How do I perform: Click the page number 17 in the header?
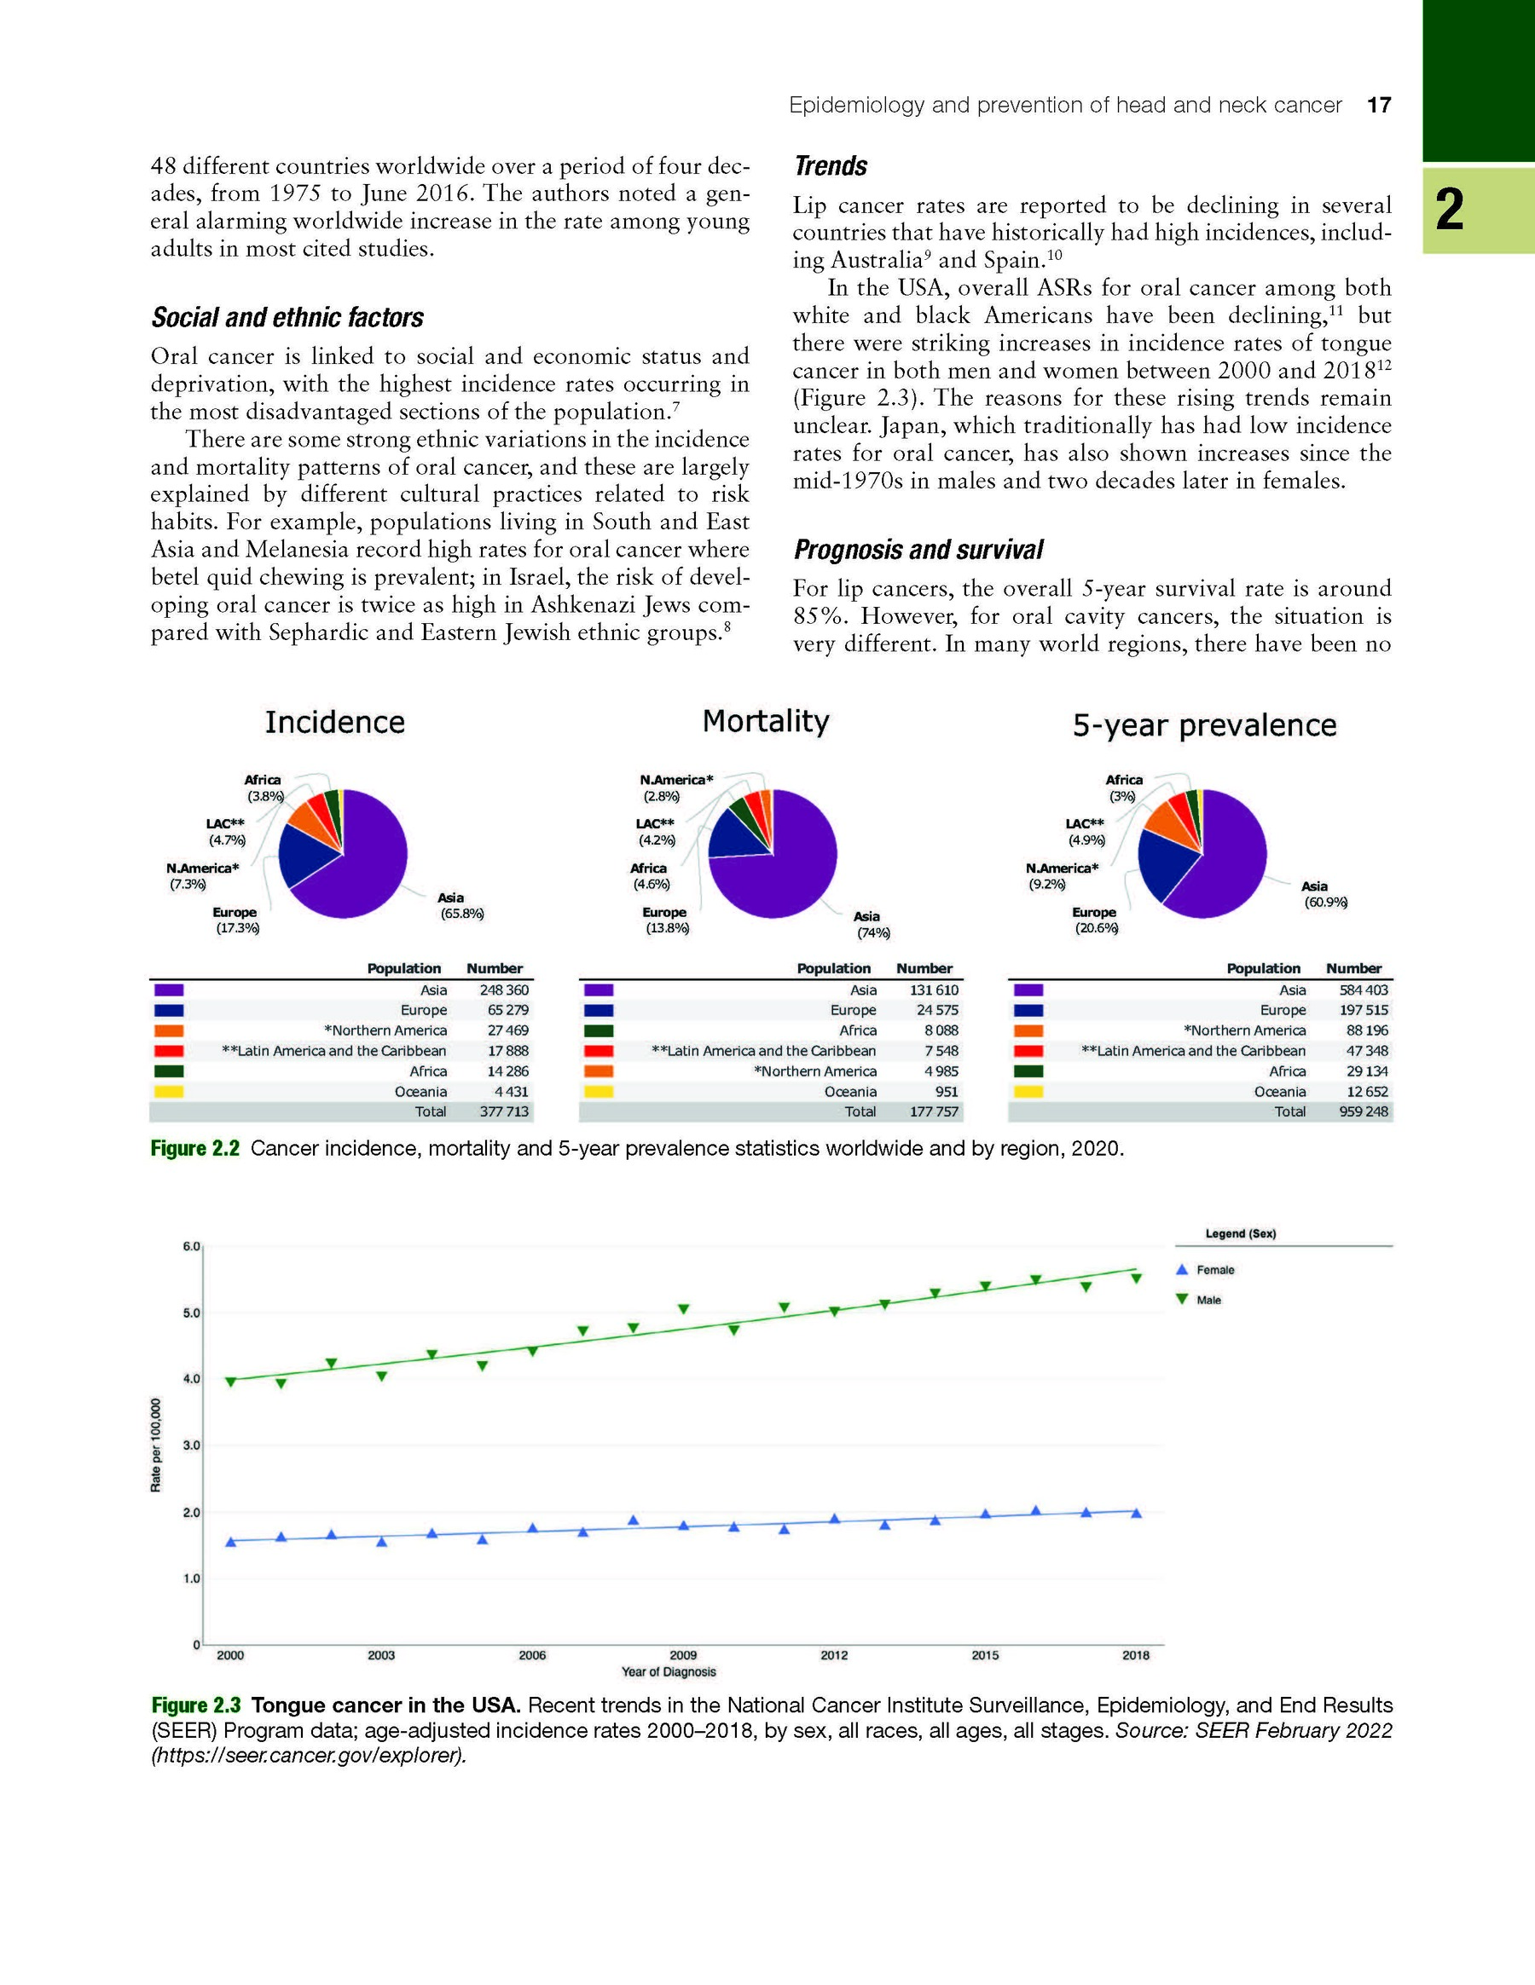tap(1379, 106)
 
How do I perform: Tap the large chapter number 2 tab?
tap(1451, 210)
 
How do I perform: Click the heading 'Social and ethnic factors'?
tap(287, 317)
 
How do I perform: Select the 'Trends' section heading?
tap(831, 166)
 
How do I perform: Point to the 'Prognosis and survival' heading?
tap(918, 550)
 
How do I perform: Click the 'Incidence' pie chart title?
tap(334, 723)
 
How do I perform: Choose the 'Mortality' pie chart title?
tap(766, 722)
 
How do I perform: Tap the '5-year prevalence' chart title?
tap(1204, 725)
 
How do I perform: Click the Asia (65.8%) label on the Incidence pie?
tap(462, 906)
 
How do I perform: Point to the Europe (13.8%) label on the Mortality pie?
tap(667, 920)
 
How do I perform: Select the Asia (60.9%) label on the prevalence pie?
tap(1325, 894)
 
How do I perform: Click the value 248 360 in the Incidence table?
tap(504, 990)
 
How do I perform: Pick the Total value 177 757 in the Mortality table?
tap(934, 1111)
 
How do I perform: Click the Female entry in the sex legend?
tap(1215, 1271)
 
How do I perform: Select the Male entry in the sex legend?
tap(1208, 1301)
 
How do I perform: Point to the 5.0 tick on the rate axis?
tap(191, 1313)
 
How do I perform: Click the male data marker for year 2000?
tap(231, 1382)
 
